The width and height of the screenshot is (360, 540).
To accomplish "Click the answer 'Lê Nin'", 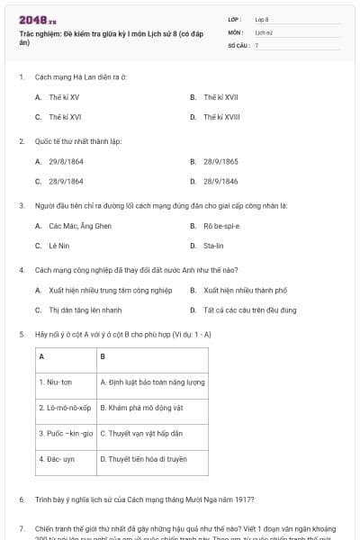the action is point(59,245).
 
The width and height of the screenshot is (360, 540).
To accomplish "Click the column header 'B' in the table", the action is point(103,355).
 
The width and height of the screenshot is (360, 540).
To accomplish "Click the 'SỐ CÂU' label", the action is point(237,44).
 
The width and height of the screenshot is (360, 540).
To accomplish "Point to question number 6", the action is point(21,499).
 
